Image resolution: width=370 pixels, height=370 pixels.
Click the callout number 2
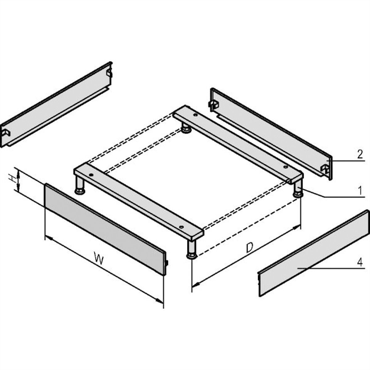(360, 154)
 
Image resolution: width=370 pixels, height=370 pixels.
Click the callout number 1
(360, 190)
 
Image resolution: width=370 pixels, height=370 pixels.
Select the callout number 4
(360, 262)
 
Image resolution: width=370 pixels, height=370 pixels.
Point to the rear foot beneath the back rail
(186, 128)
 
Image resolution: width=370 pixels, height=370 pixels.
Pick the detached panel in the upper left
(56, 105)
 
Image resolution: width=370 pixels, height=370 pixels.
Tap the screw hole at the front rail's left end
(91, 175)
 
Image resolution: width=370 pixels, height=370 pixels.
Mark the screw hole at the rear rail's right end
(286, 167)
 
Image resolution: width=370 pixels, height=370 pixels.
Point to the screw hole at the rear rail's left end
(195, 115)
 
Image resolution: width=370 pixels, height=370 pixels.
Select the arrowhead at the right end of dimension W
(159, 301)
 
